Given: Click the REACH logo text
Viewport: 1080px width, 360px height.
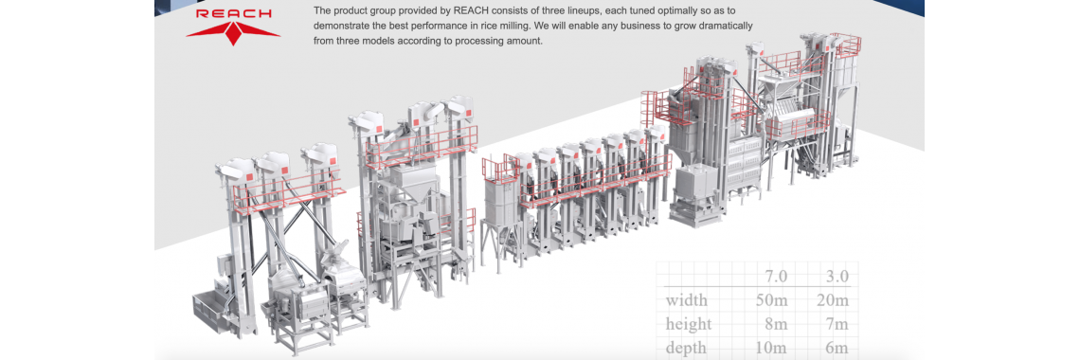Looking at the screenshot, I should click(x=233, y=14).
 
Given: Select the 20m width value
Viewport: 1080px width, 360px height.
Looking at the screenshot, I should click(x=835, y=300).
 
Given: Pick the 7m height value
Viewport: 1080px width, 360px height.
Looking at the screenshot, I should click(x=839, y=324).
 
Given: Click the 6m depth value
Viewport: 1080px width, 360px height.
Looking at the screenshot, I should click(x=839, y=348).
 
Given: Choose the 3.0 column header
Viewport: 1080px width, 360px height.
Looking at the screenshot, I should click(x=837, y=276).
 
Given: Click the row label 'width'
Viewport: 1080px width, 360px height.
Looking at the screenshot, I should click(x=686, y=300).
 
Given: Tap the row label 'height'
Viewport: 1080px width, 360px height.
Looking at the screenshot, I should click(x=690, y=324).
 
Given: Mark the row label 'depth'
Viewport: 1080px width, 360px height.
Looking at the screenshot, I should click(x=687, y=348).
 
